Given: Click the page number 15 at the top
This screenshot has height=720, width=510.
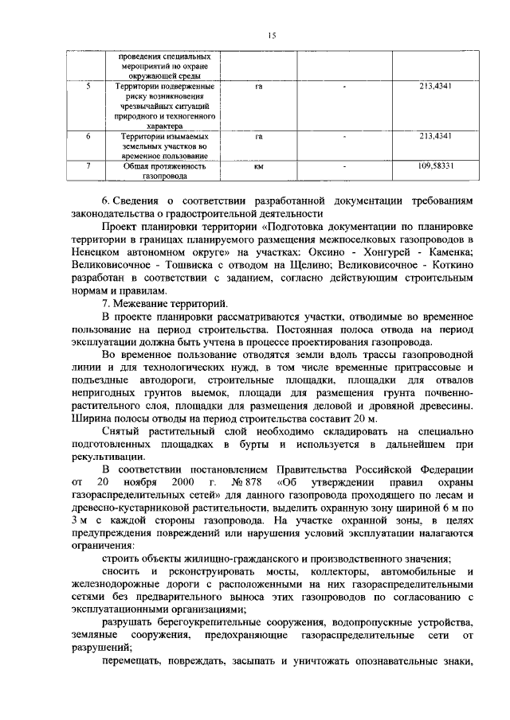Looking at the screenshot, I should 271,35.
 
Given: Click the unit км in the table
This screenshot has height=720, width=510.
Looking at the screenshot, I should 258,168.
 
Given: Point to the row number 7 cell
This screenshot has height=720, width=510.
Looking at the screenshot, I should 88,168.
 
